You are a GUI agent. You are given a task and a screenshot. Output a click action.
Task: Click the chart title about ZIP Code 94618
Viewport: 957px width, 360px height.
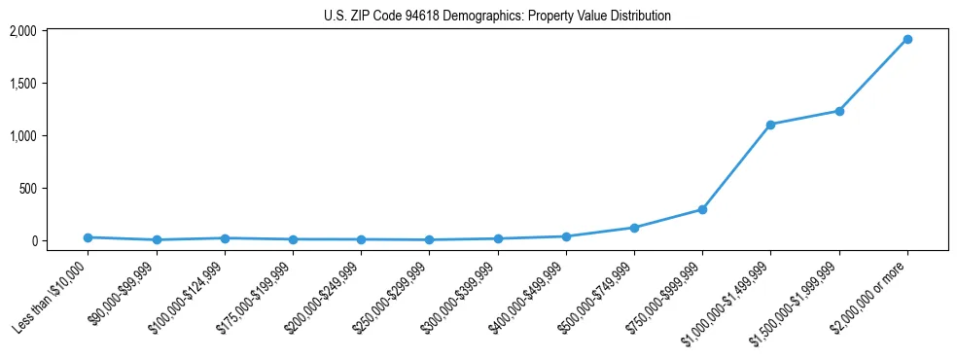point(497,17)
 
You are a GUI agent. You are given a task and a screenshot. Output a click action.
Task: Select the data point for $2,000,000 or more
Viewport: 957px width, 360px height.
point(906,39)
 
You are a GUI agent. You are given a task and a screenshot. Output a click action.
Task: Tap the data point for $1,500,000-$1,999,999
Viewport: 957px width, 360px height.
point(838,111)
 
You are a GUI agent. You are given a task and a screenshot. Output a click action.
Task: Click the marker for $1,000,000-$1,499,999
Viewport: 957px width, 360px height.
point(770,125)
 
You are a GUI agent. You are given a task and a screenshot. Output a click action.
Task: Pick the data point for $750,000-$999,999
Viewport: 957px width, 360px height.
point(702,209)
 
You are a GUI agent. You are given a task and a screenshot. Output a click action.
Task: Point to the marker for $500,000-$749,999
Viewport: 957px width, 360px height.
point(634,228)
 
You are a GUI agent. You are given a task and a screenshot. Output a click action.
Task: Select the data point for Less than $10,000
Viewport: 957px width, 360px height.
point(88,237)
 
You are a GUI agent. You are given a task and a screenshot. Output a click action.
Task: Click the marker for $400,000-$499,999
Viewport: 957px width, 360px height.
point(566,236)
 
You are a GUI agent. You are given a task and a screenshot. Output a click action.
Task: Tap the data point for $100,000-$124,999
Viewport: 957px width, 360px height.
point(225,238)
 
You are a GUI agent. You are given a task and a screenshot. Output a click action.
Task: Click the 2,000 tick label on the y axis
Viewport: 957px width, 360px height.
point(22,31)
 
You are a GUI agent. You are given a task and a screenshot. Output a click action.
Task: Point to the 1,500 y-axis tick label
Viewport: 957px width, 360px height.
point(22,84)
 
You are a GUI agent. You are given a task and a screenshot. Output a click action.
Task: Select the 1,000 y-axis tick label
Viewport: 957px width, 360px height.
point(22,136)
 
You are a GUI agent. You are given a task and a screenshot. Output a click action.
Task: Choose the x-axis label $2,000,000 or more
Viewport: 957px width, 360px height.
point(870,297)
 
